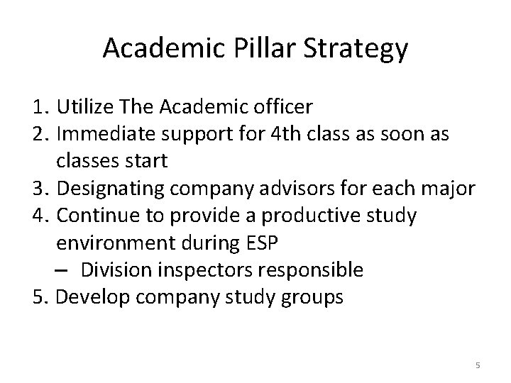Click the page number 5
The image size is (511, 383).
point(478,365)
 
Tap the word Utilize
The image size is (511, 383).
point(89,107)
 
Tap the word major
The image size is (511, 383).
point(457,189)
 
